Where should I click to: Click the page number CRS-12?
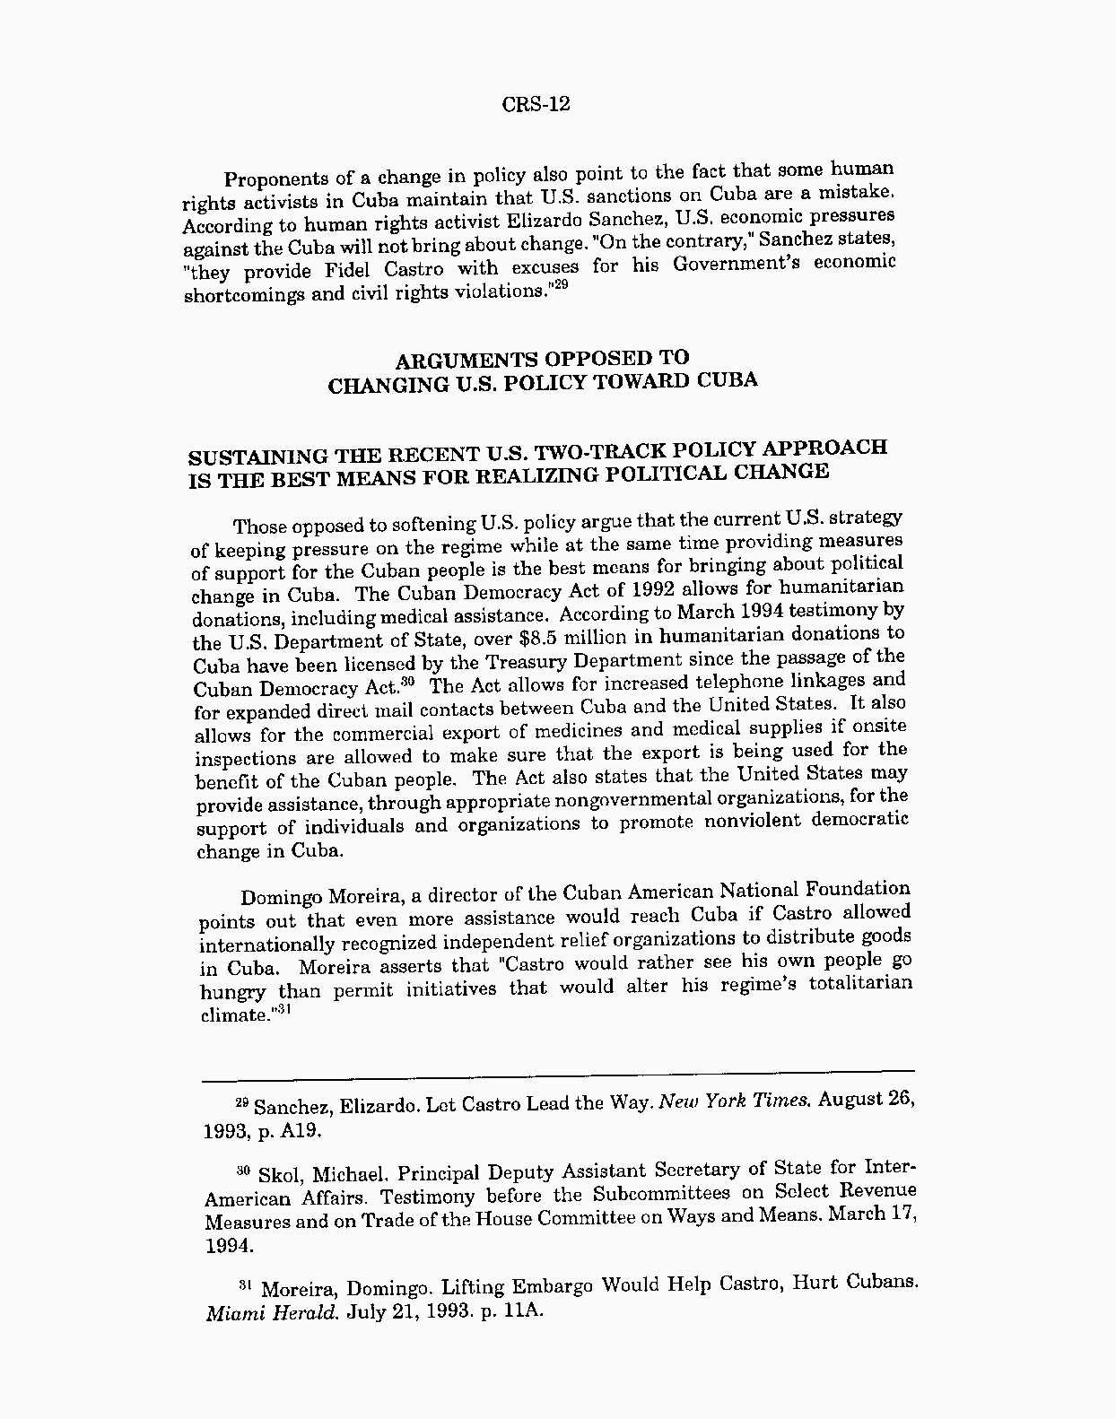[x=536, y=104]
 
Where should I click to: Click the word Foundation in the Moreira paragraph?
[x=857, y=889]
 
